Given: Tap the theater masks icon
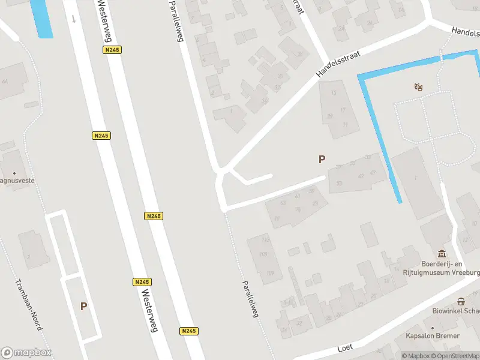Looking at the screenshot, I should [x=418, y=88].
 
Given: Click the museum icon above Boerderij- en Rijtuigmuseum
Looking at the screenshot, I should [x=442, y=253].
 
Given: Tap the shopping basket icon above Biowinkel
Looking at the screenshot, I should [x=461, y=301].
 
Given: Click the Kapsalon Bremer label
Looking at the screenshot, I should [x=433, y=336].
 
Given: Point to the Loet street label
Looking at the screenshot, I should [x=344, y=347].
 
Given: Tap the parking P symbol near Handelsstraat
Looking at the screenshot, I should [x=322, y=159].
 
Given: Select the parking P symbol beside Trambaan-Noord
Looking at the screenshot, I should [x=83, y=306].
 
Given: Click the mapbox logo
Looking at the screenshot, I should [x=27, y=352].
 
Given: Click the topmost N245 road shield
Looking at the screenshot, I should [x=112, y=50].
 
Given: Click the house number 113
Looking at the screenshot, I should [x=265, y=240].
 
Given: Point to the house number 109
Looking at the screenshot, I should [x=270, y=274].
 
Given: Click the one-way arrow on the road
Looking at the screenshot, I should [x=74, y=18].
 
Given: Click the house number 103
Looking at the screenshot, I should [x=262, y=254].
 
